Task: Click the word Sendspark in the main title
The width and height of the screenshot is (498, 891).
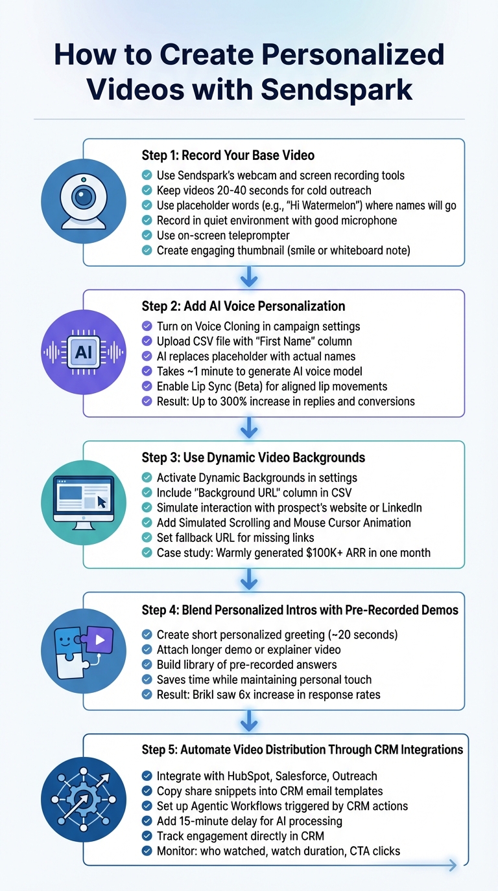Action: tap(337, 89)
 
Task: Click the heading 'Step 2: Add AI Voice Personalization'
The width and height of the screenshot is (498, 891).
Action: tap(243, 306)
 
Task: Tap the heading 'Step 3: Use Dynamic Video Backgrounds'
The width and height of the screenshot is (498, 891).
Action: tap(254, 458)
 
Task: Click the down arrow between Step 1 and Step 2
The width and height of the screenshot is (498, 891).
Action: tap(249, 278)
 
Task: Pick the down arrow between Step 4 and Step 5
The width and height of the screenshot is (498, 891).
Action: tap(249, 723)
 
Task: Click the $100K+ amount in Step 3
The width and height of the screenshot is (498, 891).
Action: tap(320, 553)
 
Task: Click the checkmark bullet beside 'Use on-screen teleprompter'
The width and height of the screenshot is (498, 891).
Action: tap(147, 236)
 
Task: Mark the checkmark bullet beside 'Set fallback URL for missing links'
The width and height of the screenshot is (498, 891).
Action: tap(147, 538)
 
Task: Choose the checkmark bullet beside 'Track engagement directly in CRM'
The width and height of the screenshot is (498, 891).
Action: tap(147, 836)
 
